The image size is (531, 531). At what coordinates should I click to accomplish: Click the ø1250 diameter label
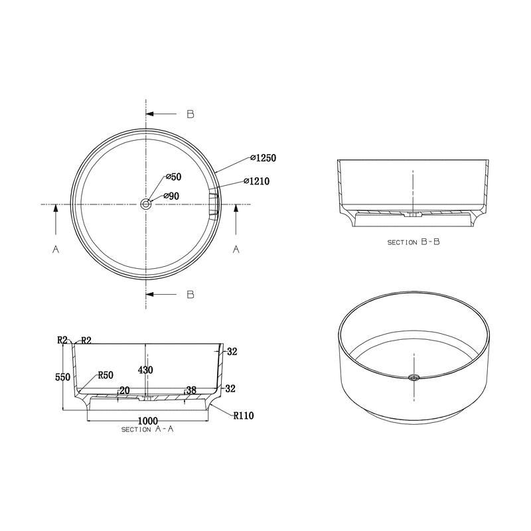263,158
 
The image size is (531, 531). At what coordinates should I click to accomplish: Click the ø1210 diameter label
256,181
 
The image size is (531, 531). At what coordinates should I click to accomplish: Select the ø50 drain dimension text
173,177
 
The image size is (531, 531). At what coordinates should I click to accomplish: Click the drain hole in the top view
145,204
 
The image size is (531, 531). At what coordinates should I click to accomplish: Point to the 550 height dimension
62,376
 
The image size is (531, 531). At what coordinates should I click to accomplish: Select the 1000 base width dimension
148,421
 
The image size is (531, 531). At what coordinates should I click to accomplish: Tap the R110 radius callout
244,416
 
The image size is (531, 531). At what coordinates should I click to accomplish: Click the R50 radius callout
106,375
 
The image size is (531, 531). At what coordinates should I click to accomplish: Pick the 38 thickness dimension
192,391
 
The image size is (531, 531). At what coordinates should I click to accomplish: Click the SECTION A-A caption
147,430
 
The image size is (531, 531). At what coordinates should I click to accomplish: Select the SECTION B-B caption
414,243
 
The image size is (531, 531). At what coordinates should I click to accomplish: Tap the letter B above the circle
190,114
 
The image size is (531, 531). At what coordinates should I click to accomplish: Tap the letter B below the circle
190,294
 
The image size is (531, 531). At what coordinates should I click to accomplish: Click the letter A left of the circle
56,250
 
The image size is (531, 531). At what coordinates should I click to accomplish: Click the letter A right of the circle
235,250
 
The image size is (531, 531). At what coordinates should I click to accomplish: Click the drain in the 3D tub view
414,378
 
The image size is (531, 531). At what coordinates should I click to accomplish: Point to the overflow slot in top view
214,203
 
